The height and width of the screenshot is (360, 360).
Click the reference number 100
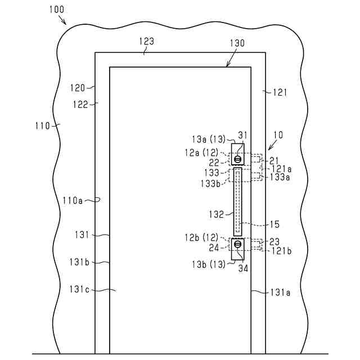click(56, 9)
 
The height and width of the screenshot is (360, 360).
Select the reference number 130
click(237, 44)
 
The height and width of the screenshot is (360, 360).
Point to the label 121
click(280, 92)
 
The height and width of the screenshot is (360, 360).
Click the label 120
click(78, 88)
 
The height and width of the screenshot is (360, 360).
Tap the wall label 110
click(42, 125)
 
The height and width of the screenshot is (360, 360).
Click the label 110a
click(73, 199)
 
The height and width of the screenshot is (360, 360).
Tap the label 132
click(216, 214)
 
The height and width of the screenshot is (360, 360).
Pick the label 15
click(274, 224)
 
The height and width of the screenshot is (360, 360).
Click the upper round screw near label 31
click(238, 159)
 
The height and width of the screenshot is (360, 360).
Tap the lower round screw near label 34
click(238, 244)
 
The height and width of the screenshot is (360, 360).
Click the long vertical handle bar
click(238, 201)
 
